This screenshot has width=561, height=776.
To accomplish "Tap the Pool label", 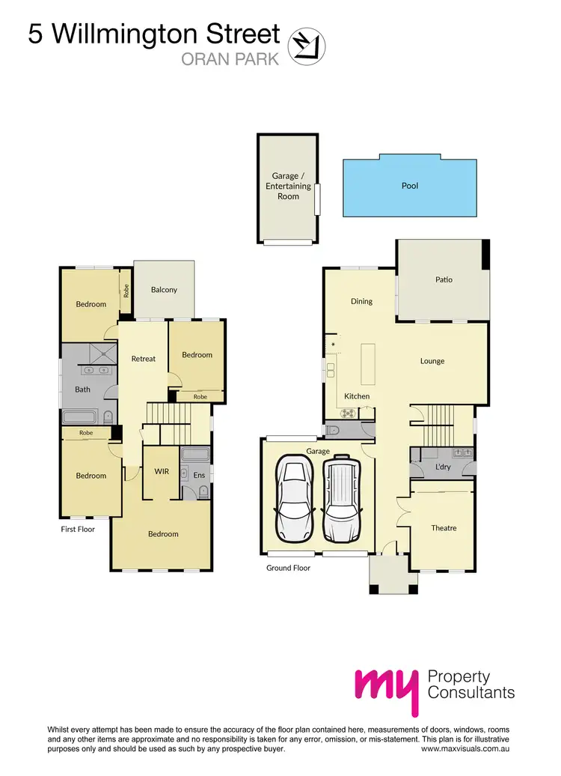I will pyautogui.click(x=410, y=186).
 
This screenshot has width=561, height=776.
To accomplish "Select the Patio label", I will pyautogui.click(x=444, y=279).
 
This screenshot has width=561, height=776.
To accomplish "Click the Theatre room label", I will pyautogui.click(x=444, y=528).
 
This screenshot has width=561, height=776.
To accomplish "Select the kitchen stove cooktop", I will pyautogui.click(x=347, y=413).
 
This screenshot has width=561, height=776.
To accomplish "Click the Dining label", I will pyautogui.click(x=361, y=301).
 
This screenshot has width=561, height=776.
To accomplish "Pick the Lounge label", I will pyautogui.click(x=432, y=361).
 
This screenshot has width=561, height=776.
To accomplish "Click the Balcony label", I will pyautogui.click(x=164, y=290).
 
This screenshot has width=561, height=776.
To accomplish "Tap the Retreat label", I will pyautogui.click(x=144, y=359).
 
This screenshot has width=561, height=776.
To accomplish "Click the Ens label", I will pyautogui.click(x=199, y=475).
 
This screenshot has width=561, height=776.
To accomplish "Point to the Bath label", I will pyautogui.click(x=82, y=389).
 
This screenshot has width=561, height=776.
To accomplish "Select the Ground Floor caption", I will pyautogui.click(x=288, y=568).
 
